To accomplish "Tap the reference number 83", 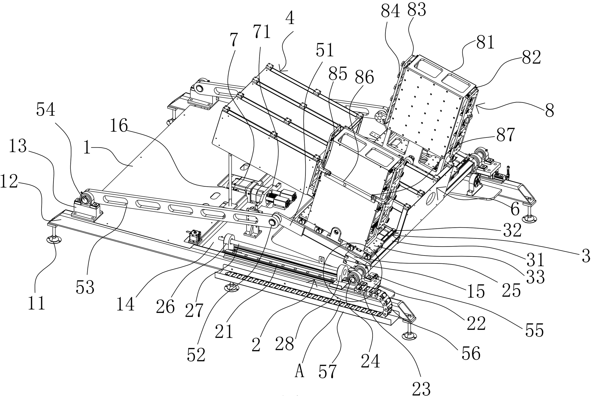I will tap(417, 10).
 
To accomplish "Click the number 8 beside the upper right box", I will tap(549, 110).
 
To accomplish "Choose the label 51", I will tap(325, 50).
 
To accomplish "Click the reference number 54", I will tap(46, 110).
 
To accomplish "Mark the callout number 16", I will tap(119, 126).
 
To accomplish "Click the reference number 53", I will tap(85, 287).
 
